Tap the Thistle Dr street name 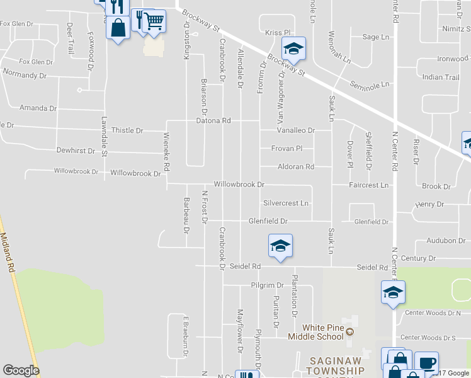pos(127,130)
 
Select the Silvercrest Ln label pos(287,203)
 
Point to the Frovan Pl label pos(287,149)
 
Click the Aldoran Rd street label pos(296,167)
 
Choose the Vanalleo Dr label pos(296,130)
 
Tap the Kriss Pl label pos(277,32)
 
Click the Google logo pos(21,370)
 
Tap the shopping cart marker pos(154,21)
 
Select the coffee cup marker pos(426,363)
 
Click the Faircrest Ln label pos(370,186)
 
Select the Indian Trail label pos(441,77)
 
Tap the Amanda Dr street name pos(38,108)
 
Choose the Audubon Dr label pos(445,241)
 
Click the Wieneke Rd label pos(167,152)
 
